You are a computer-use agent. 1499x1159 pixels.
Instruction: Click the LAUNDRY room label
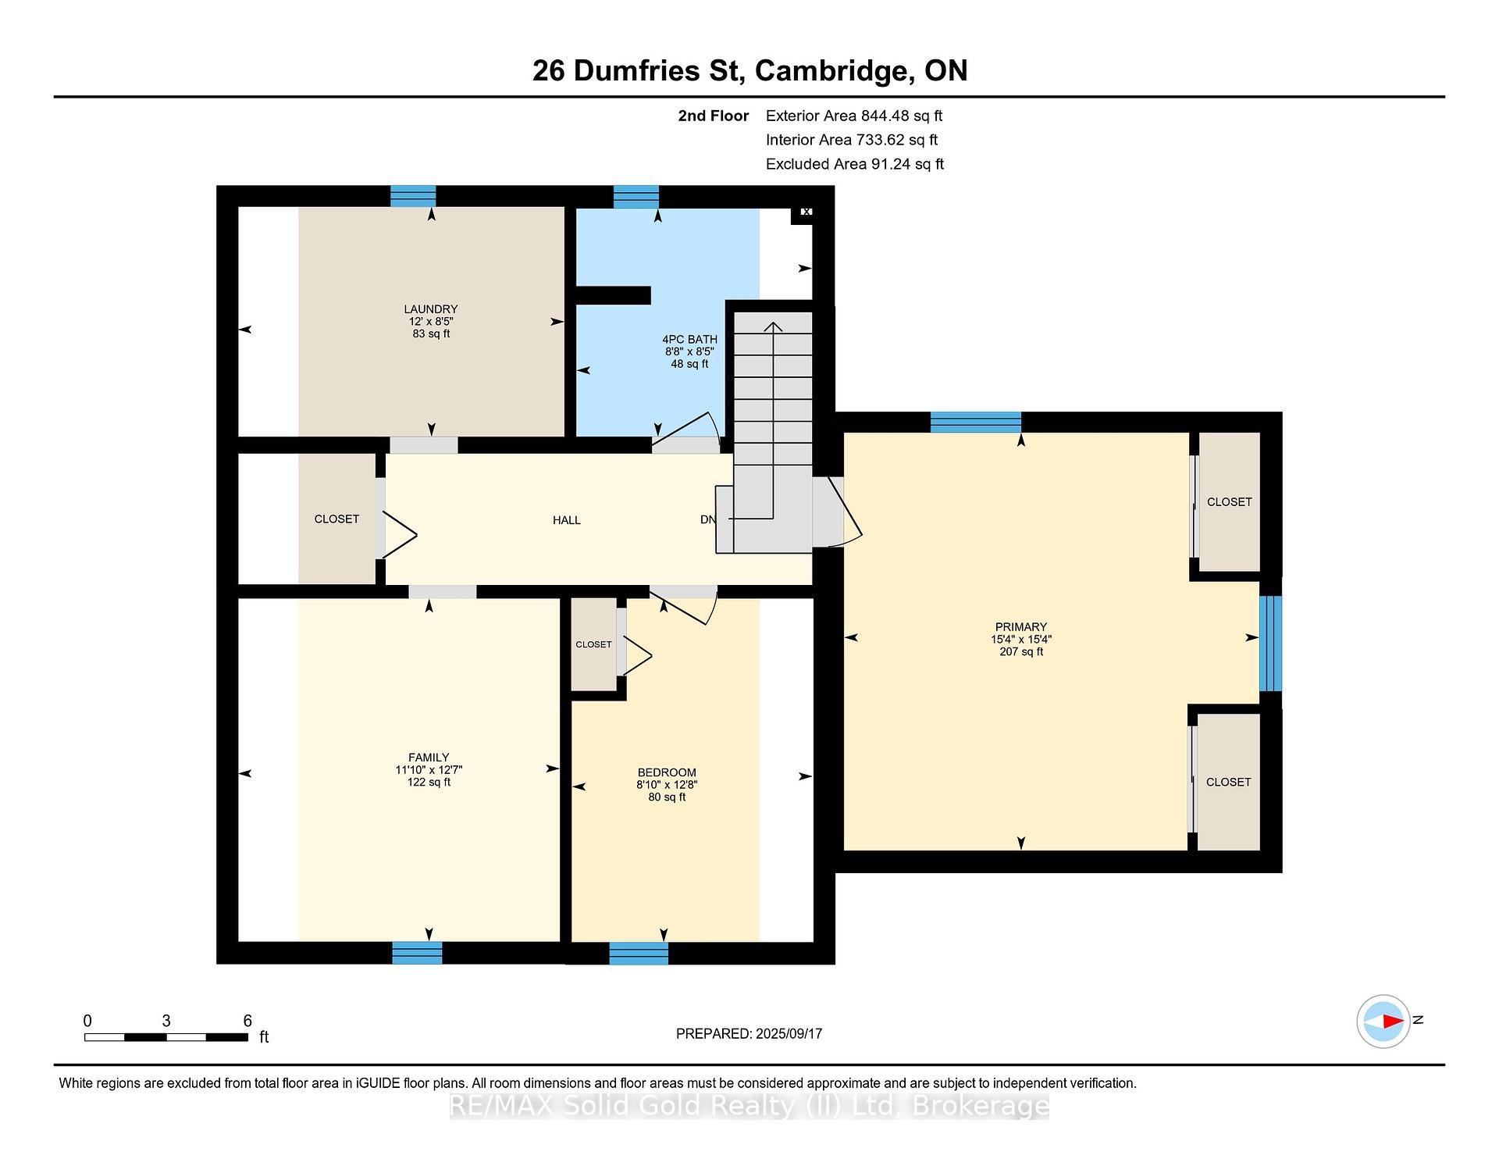(x=430, y=309)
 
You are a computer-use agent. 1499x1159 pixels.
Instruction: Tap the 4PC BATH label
(x=689, y=339)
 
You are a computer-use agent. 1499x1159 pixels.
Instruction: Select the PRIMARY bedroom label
(x=1020, y=626)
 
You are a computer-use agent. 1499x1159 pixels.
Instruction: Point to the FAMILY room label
(x=429, y=757)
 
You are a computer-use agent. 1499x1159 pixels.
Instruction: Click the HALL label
(x=567, y=520)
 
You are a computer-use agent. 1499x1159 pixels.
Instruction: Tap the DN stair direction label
(x=707, y=519)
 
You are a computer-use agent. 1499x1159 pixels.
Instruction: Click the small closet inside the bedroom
(x=593, y=644)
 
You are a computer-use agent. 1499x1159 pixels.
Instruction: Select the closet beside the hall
(x=337, y=519)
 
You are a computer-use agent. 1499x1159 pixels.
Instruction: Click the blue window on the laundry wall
(x=413, y=196)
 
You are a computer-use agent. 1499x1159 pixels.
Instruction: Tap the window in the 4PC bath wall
(x=636, y=197)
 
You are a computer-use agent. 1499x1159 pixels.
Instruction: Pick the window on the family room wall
(x=417, y=953)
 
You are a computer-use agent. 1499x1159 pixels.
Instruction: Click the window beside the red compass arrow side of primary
(x=1271, y=644)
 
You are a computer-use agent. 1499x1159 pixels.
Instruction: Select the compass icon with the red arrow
(x=1383, y=1021)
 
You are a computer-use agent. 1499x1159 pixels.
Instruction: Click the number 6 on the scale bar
(x=247, y=1021)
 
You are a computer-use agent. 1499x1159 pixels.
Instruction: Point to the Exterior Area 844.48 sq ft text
(x=854, y=116)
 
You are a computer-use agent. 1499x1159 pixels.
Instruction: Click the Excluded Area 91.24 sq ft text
(x=855, y=164)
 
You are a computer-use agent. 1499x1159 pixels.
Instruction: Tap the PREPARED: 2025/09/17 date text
(x=749, y=1033)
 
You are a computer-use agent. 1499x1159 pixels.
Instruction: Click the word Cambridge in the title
(x=835, y=71)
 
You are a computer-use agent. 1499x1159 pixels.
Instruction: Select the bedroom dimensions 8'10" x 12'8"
(x=667, y=785)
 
